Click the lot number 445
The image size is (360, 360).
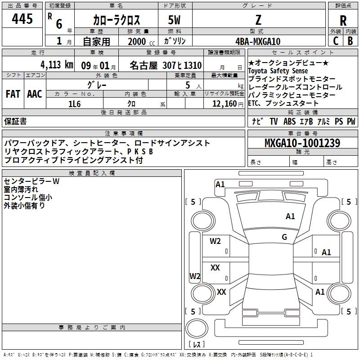pyautogui.click(x=22, y=18)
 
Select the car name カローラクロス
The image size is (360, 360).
pyautogui.click(x=117, y=20)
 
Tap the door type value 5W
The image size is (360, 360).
pyautogui.click(x=174, y=20)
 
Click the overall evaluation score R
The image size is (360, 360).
pyautogui.click(x=343, y=20)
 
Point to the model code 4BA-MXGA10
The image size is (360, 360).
pyautogui.click(x=258, y=41)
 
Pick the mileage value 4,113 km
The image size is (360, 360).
pyautogui.click(x=57, y=65)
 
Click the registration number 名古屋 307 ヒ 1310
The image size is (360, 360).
pyautogui.click(x=166, y=65)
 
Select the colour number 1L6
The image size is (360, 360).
pyautogui.click(x=75, y=104)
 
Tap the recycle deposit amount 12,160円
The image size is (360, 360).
pyautogui.click(x=228, y=104)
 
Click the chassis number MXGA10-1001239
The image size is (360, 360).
pyautogui.click(x=302, y=143)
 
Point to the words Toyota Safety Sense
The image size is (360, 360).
pyautogui.click(x=278, y=71)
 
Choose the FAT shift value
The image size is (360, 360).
pyautogui.click(x=13, y=94)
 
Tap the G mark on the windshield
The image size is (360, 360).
pyautogui.click(x=284, y=237)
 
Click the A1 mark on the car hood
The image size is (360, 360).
pyautogui.click(x=290, y=216)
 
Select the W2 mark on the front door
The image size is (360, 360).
pyautogui.click(x=215, y=241)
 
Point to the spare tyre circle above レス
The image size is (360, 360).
pyautogui.click(x=197, y=328)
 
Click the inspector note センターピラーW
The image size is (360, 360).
pyautogui.click(x=31, y=181)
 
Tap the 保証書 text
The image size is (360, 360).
pyautogui.click(x=15, y=121)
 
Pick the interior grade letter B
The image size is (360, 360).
pyautogui.click(x=350, y=41)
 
